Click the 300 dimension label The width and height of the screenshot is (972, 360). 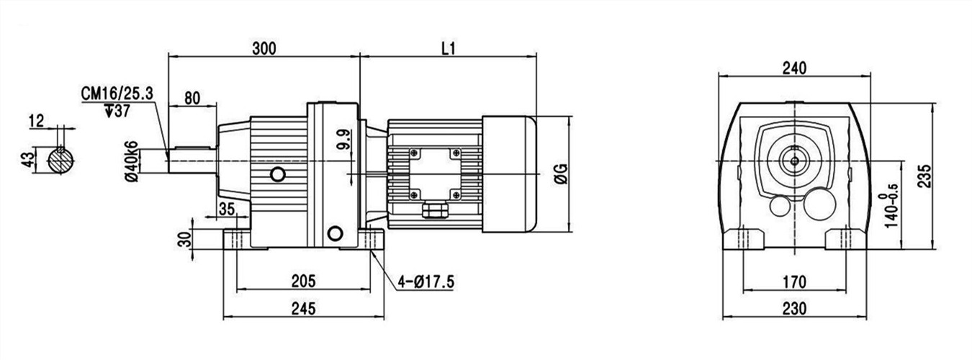click(x=264, y=48)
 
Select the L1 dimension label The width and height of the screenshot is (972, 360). click(x=449, y=48)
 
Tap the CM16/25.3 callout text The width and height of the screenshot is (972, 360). click(x=117, y=94)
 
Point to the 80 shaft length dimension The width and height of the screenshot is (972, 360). click(x=192, y=98)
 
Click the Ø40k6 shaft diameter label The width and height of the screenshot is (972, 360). click(x=132, y=161)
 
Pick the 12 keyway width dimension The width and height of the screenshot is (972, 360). click(x=37, y=121)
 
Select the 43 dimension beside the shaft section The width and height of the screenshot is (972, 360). click(x=27, y=160)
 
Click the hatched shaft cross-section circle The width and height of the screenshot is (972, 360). click(x=60, y=160)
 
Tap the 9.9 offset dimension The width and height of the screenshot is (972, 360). click(x=343, y=139)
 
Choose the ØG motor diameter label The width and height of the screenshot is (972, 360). click(x=561, y=174)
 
